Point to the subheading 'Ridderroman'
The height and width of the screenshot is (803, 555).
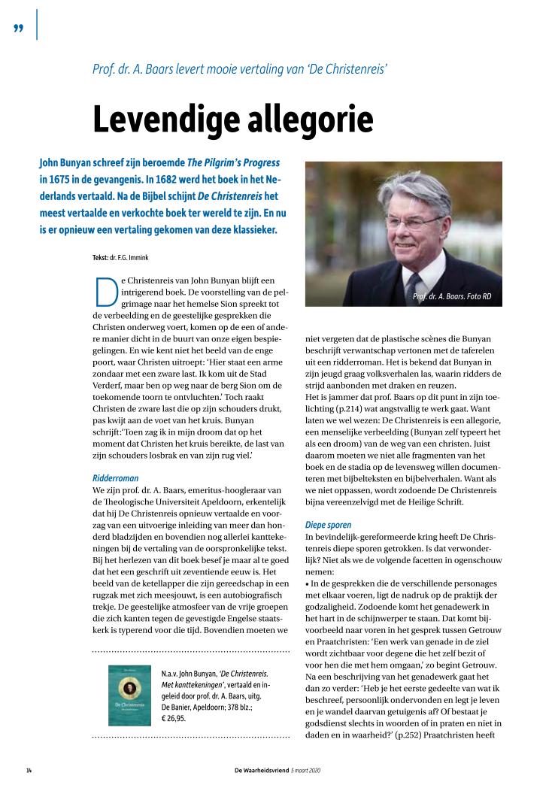115,477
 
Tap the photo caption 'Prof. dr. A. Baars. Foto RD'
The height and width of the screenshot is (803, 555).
452,296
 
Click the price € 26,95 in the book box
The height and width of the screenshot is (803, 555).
174,718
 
